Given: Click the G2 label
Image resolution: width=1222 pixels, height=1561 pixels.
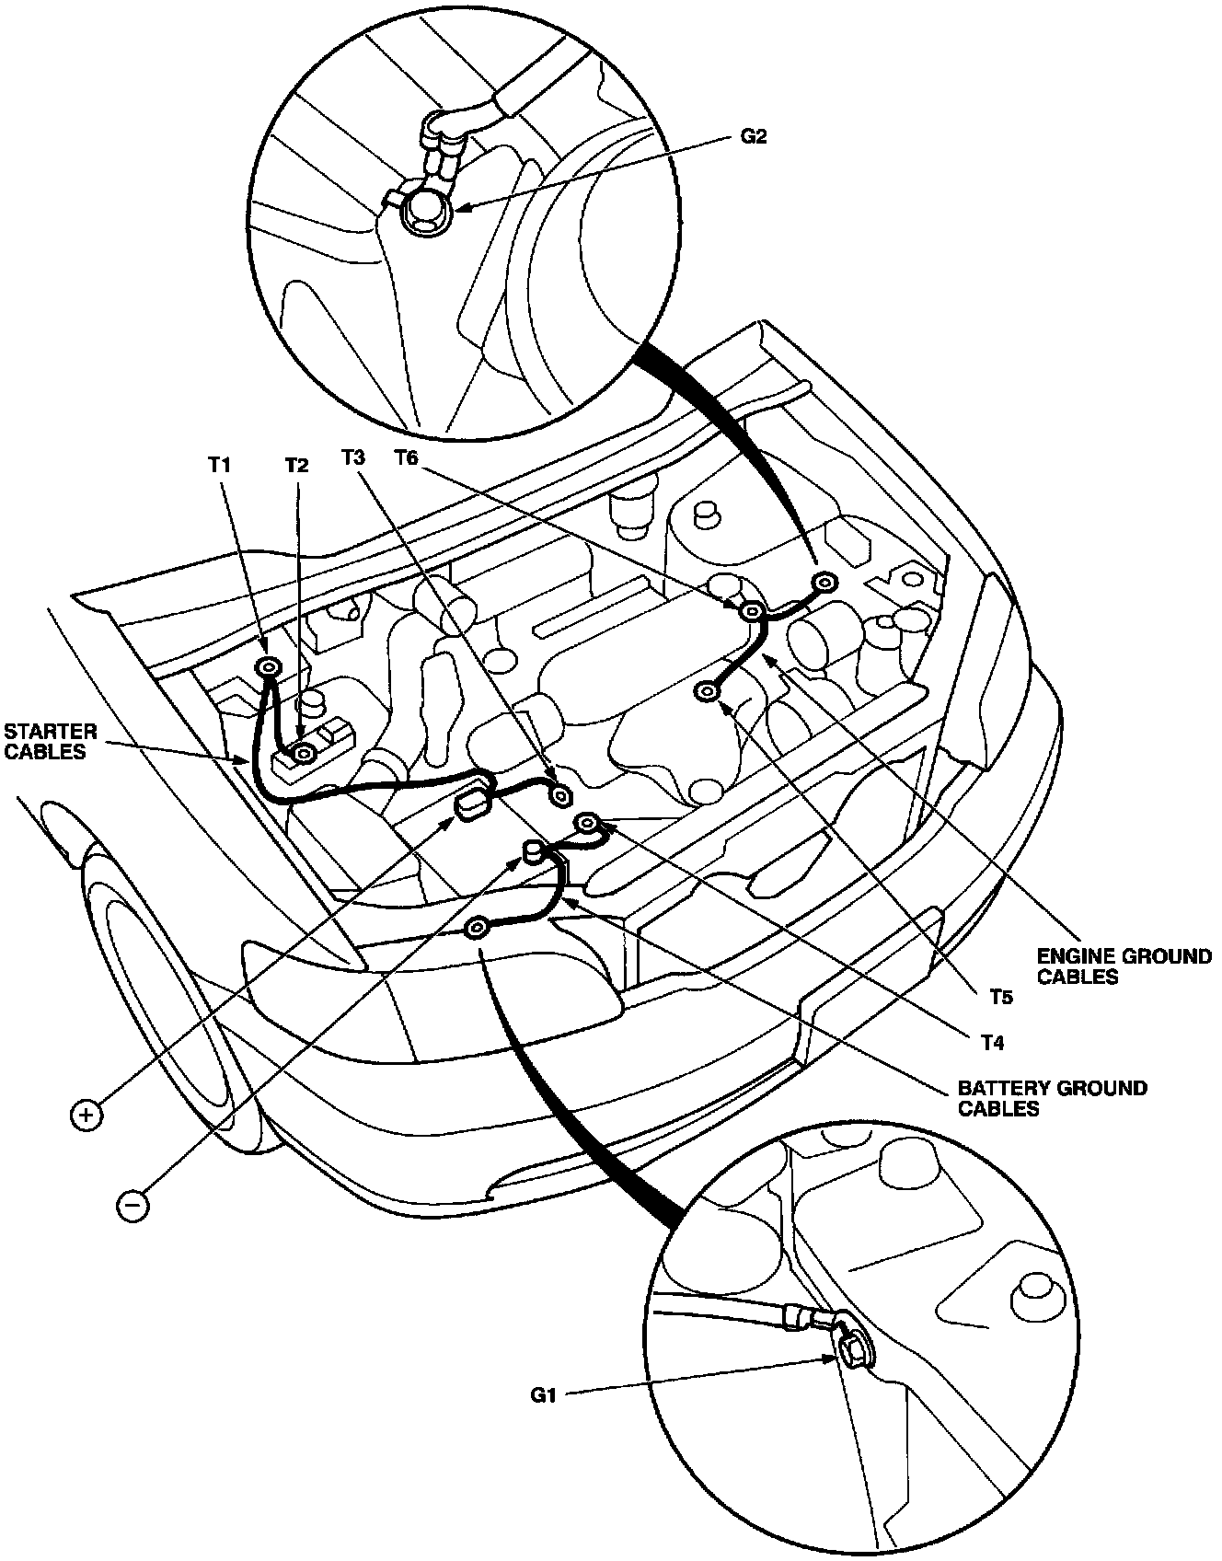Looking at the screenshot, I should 753,136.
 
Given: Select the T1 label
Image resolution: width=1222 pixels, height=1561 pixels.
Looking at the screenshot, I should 218,466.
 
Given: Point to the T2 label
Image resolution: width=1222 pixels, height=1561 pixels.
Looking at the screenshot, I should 295,466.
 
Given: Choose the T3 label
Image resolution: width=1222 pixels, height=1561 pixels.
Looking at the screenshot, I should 353,457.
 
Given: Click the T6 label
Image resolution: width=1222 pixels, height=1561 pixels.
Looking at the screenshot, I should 406,457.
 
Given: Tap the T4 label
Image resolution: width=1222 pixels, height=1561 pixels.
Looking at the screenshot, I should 990,1043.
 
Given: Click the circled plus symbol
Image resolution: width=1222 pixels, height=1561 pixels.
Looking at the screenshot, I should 85,1116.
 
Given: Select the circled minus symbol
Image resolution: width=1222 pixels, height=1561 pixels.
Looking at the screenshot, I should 133,1205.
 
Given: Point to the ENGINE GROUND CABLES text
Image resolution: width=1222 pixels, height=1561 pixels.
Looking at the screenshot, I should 1124,966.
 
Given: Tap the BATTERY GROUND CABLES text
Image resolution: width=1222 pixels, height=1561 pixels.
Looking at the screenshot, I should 1052,1098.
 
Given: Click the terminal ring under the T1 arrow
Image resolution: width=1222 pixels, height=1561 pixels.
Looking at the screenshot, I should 269,667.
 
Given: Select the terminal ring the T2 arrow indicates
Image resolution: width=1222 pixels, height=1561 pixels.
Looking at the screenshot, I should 303,755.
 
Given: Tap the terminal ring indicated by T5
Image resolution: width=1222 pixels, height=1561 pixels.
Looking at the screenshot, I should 708,691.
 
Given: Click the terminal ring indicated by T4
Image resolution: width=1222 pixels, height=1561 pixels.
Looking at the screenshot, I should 586,823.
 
